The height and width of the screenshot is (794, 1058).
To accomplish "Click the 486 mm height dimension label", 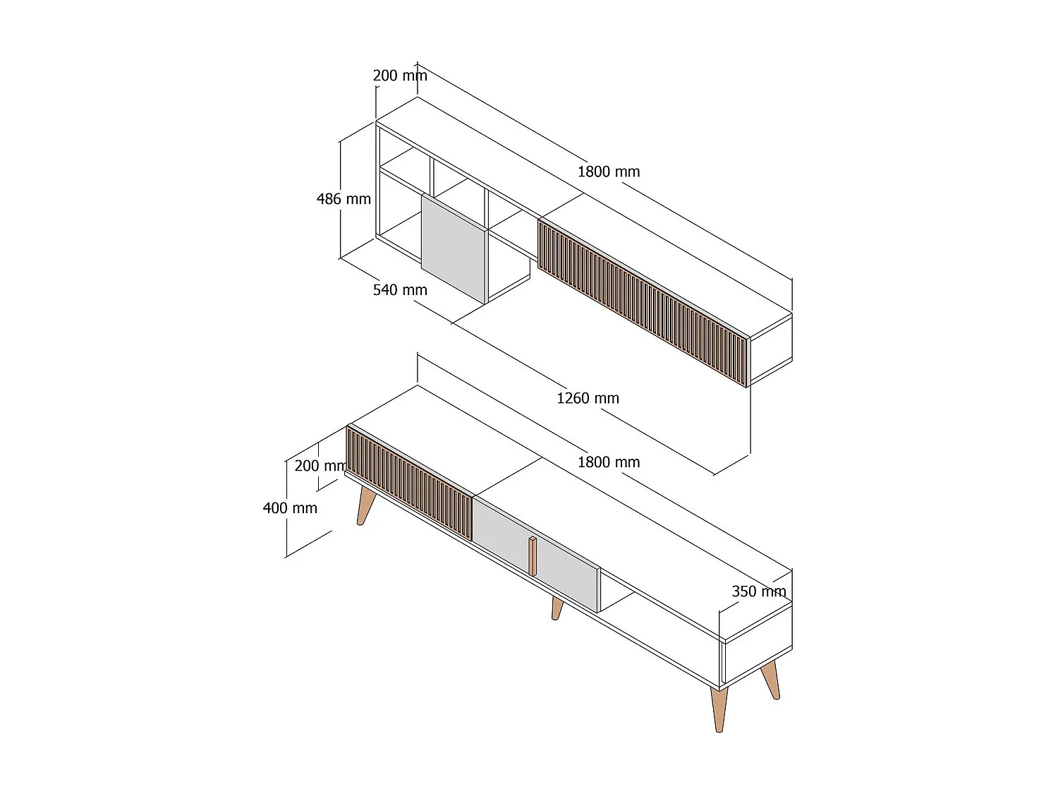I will pyautogui.click(x=343, y=199).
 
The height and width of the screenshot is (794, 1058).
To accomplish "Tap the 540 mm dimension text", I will pyautogui.click(x=400, y=290).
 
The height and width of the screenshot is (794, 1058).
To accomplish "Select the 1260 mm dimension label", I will pyautogui.click(x=588, y=398).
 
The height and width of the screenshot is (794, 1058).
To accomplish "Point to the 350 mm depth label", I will pyautogui.click(x=758, y=591).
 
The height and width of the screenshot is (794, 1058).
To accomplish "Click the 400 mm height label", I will pyautogui.click(x=290, y=508).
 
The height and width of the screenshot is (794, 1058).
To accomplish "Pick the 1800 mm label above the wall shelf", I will pyautogui.click(x=609, y=172).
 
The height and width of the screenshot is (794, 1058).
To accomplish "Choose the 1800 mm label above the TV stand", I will pyautogui.click(x=609, y=462).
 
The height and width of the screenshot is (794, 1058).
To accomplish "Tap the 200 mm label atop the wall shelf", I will pyautogui.click(x=400, y=76).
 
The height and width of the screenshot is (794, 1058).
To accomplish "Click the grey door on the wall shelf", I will pyautogui.click(x=453, y=247).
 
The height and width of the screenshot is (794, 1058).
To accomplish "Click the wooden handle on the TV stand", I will pyautogui.click(x=533, y=555).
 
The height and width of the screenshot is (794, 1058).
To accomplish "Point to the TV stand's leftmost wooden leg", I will pyautogui.click(x=365, y=505).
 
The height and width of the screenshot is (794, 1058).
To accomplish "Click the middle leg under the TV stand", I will pyautogui.click(x=557, y=608).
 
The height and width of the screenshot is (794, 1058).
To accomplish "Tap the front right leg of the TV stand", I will pyautogui.click(x=719, y=709).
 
